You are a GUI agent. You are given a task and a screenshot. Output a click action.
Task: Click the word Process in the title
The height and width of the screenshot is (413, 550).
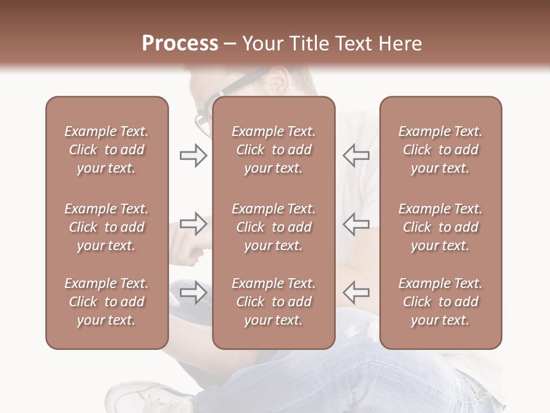click(x=180, y=44)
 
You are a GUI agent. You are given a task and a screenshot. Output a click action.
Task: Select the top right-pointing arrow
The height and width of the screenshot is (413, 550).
click(x=193, y=155)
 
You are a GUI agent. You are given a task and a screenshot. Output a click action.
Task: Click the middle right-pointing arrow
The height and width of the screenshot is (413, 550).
click(x=193, y=224)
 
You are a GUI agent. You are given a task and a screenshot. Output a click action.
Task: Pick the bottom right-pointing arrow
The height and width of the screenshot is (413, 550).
click(x=193, y=293)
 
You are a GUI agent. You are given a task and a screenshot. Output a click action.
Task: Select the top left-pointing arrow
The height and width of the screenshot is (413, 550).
click(x=356, y=155)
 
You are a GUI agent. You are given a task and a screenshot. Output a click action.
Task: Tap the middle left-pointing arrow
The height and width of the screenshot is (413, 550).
click(x=356, y=224)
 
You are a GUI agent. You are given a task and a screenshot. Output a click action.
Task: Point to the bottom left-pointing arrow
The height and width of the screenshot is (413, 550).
click(x=356, y=293)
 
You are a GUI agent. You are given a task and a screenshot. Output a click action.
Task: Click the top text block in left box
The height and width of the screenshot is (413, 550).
click(x=107, y=150)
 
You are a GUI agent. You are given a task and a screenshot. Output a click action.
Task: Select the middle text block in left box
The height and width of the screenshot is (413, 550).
click(x=107, y=227)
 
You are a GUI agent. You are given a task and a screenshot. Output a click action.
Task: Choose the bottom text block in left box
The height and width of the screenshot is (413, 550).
click(x=107, y=302)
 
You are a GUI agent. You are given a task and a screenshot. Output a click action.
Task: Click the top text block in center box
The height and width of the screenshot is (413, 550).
click(x=273, y=150)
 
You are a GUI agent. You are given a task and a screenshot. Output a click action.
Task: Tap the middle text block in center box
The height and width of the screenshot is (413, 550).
click(x=273, y=227)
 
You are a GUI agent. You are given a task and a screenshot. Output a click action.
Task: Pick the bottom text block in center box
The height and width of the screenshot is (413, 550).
click(x=273, y=302)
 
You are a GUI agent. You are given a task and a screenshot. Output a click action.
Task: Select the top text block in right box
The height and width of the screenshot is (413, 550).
click(x=441, y=150)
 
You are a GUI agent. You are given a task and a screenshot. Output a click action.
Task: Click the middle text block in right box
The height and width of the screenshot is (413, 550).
click(x=441, y=227)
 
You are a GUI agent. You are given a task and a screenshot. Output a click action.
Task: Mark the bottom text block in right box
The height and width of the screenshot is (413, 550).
click(x=441, y=302)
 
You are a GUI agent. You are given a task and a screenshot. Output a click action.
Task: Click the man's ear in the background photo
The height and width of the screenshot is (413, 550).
click(x=280, y=80)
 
